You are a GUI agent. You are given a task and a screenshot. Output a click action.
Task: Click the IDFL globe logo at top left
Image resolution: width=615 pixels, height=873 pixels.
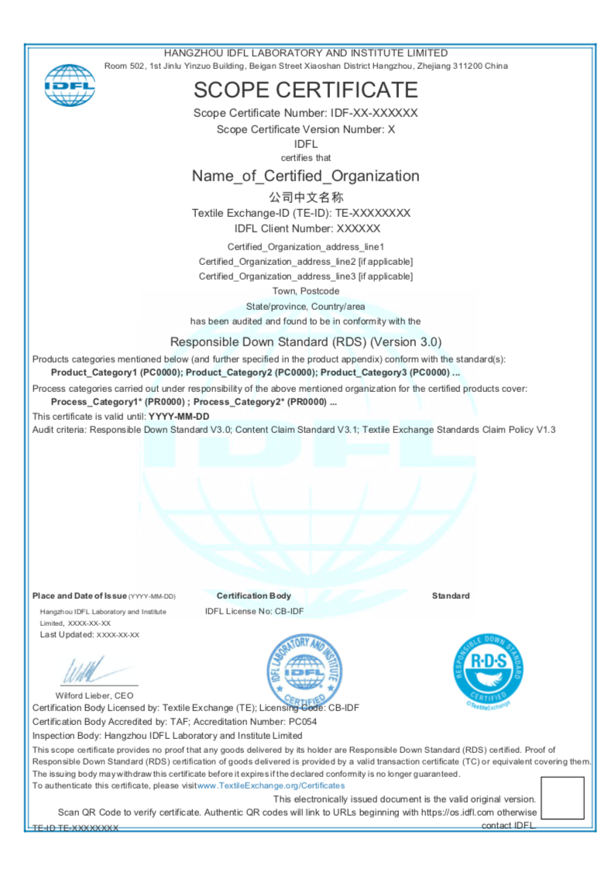click(x=70, y=85)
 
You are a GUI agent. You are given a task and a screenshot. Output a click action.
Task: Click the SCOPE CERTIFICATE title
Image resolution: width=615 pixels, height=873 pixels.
click(x=305, y=90)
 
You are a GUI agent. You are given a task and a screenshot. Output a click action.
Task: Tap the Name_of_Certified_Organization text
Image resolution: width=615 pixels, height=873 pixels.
click(x=305, y=176)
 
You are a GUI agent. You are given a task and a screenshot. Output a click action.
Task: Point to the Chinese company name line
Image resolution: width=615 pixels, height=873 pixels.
click(x=305, y=197)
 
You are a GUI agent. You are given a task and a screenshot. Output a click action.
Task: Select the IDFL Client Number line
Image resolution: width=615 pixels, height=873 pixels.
click(x=307, y=229)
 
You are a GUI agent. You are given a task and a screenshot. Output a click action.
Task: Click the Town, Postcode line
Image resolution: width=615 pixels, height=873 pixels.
click(x=305, y=291)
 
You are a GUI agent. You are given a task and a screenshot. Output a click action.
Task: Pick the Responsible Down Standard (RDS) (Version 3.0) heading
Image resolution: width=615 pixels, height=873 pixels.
click(x=306, y=342)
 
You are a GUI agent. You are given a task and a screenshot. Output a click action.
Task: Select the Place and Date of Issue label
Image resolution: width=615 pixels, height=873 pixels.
click(x=79, y=596)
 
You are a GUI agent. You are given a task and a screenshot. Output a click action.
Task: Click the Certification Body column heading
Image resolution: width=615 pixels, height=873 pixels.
click(x=254, y=596)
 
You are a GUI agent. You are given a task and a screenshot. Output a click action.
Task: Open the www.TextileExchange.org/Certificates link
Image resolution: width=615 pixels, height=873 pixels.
click(x=271, y=785)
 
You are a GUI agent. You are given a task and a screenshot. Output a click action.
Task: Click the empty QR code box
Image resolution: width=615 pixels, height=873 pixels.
click(x=562, y=798)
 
